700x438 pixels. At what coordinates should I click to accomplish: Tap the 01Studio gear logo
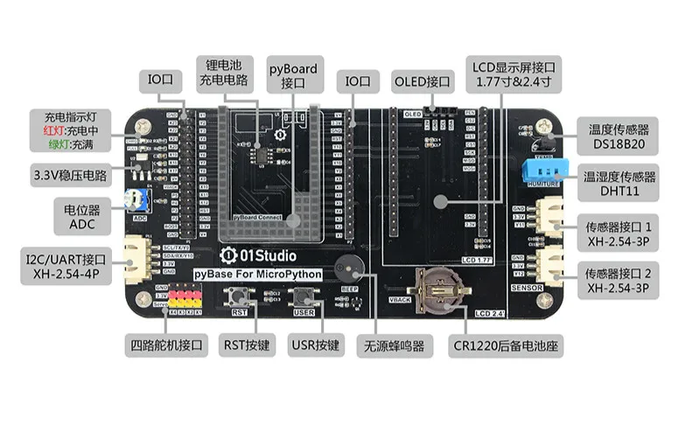pyautogui.click(x=229, y=255)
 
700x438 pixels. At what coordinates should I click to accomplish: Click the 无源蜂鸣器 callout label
pyautogui.click(x=394, y=346)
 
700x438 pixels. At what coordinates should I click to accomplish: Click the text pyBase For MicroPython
pyautogui.click(x=258, y=275)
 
